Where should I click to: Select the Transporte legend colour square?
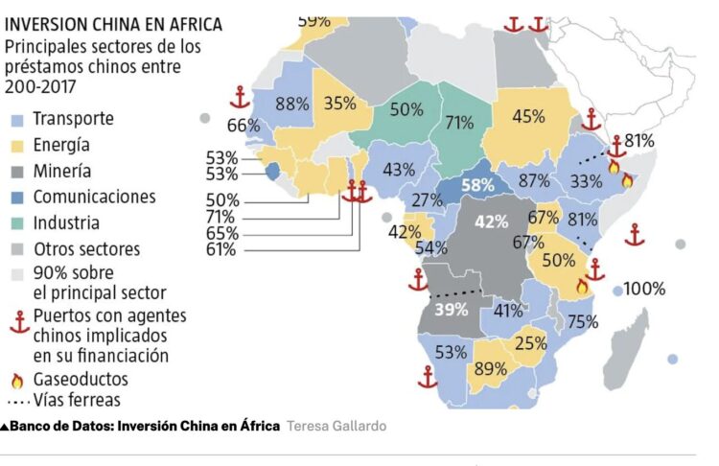pyautogui.click(x=15, y=121)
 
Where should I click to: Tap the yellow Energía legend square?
pyautogui.click(x=15, y=146)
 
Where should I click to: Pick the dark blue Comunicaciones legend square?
pyautogui.click(x=15, y=198)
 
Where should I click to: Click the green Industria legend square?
pyautogui.click(x=15, y=223)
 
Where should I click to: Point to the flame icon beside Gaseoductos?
pyautogui.click(x=15, y=380)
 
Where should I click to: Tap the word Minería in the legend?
pyautogui.click(x=62, y=172)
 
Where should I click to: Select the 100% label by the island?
pyautogui.click(x=645, y=288)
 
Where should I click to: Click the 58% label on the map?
pyautogui.click(x=477, y=184)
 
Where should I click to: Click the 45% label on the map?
pyautogui.click(x=528, y=116)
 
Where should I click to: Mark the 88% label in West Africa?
pyautogui.click(x=291, y=105)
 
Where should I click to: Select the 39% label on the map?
pyautogui.click(x=451, y=309)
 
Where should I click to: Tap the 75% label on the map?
pyautogui.click(x=583, y=322)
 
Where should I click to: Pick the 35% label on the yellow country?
pyautogui.click(x=340, y=105)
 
